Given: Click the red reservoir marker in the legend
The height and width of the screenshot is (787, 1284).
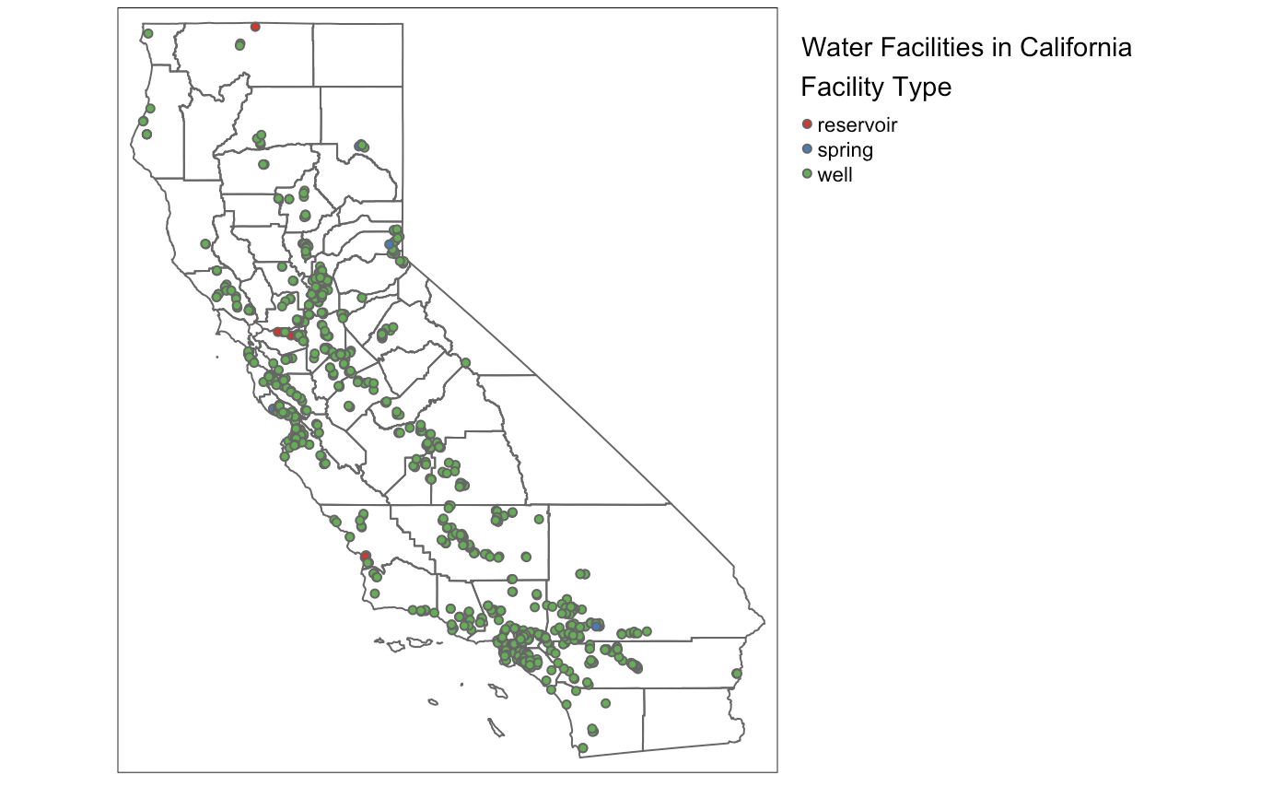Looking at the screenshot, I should tap(808, 124).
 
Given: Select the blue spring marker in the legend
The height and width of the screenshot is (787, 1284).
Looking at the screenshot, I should tap(808, 149).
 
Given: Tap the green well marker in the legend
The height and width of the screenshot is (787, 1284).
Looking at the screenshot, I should tap(808, 174).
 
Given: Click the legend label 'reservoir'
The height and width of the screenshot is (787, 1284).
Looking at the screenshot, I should tap(857, 124).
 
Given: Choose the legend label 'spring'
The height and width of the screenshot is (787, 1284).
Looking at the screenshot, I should tap(845, 149).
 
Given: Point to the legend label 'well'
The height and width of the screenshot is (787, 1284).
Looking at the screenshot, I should tap(835, 174).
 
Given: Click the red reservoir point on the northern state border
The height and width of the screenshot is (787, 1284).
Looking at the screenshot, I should tap(255, 27).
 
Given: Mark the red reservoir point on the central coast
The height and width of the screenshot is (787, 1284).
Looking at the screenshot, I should tap(365, 556).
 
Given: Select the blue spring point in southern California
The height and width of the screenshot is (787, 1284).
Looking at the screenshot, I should tap(597, 626).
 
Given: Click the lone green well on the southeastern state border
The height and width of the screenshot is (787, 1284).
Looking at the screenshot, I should tap(736, 674).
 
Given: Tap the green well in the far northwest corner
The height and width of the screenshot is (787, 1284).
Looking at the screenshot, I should tap(147, 34).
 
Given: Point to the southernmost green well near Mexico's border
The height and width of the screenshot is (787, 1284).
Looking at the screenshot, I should tap(583, 747).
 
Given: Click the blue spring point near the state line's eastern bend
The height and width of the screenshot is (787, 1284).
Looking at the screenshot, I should tap(390, 244).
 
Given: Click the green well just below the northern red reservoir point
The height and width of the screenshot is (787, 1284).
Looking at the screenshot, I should tap(239, 44).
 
